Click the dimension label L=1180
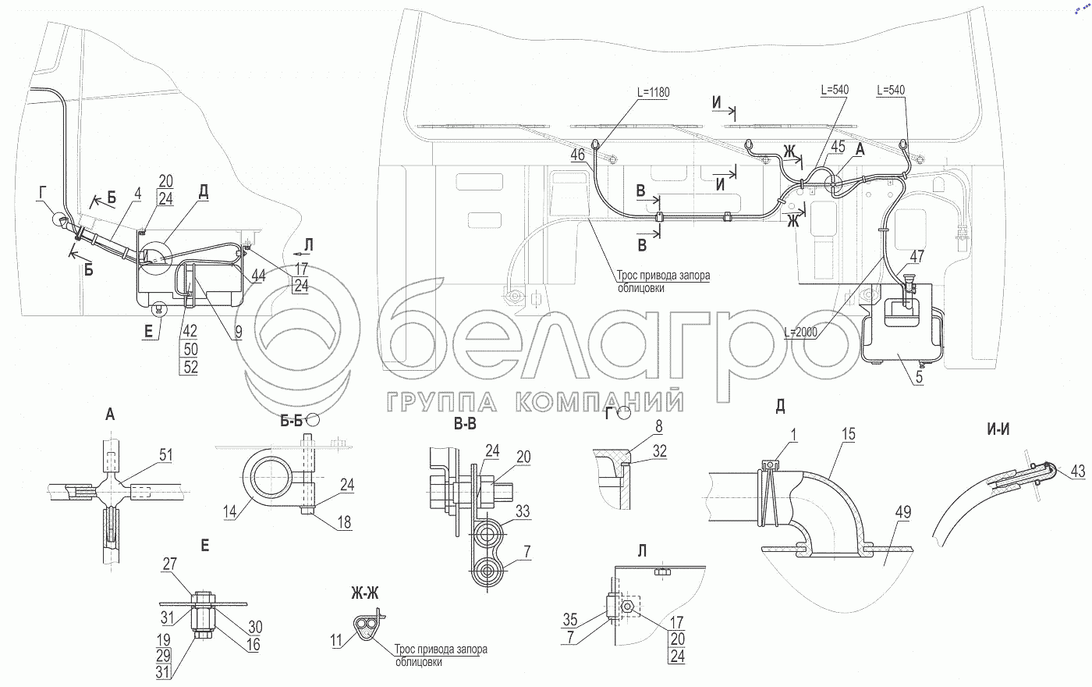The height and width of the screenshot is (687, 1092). pyautogui.click(x=653, y=91)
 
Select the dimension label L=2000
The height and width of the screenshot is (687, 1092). pyautogui.click(x=800, y=331)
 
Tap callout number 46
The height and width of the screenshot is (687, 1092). pyautogui.click(x=577, y=155)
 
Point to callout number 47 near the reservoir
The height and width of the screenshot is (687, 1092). pyautogui.click(x=917, y=255)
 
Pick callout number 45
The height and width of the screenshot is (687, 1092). pyautogui.click(x=838, y=146)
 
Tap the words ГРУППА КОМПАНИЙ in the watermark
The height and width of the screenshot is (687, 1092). pyautogui.click(x=535, y=401)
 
